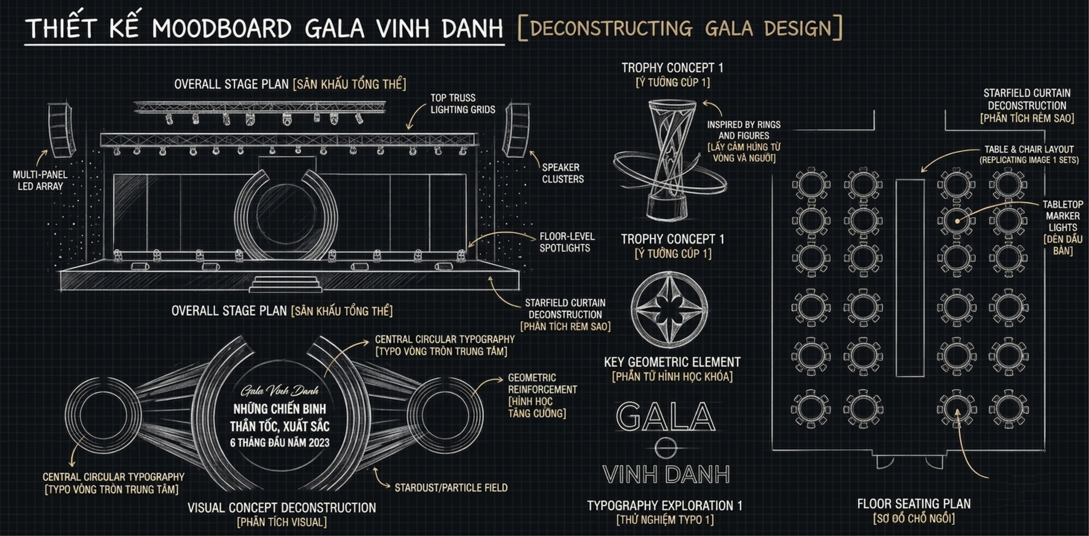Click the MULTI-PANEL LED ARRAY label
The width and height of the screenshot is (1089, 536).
[x=40, y=181]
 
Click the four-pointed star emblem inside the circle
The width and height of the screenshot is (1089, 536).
[x=669, y=306]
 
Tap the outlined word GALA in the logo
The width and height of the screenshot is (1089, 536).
[x=666, y=416]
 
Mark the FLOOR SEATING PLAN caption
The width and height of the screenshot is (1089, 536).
[x=914, y=504]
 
